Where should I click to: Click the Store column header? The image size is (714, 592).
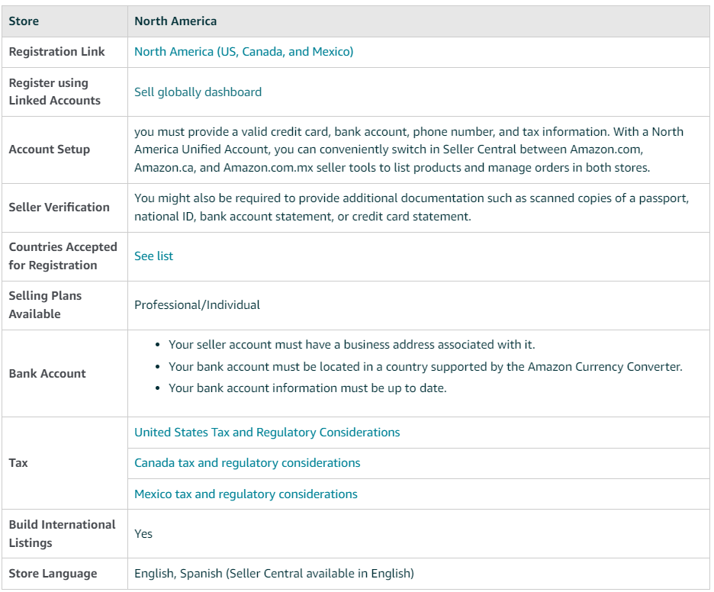24,21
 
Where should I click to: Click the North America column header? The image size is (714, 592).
175,21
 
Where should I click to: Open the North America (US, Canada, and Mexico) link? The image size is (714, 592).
243,52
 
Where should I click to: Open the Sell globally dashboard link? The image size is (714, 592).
198,92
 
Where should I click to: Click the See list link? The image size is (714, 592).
153,256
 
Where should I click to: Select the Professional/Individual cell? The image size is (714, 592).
197,305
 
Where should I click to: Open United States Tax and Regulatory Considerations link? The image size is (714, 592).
267,433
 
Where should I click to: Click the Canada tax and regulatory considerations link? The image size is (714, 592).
247,463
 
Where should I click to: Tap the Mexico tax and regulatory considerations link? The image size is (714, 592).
246,494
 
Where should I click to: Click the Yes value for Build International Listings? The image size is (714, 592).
143,534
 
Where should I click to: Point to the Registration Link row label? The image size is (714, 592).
56,52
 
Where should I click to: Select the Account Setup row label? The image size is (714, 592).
49,150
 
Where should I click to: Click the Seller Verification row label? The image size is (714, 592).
59,208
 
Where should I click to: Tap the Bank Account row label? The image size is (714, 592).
47,374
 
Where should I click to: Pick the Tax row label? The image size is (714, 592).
18,463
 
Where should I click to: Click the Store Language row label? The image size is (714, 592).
53,574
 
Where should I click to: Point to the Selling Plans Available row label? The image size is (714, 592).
45,305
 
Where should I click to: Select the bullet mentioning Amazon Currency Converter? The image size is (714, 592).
425,367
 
